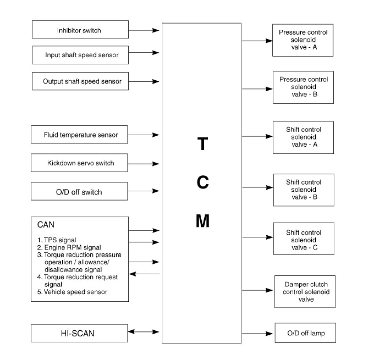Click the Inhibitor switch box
(80, 30)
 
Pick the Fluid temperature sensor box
(79, 135)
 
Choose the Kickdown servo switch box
(79, 163)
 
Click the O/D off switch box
(79, 192)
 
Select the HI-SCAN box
(79, 333)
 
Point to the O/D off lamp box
(305, 333)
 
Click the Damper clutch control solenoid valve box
(305, 292)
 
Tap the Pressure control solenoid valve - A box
(302, 40)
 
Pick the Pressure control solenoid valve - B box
(303, 87)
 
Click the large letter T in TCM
(203, 144)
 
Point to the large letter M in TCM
(202, 221)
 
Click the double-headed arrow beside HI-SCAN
(144, 332)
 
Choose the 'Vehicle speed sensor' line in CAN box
(76, 292)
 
